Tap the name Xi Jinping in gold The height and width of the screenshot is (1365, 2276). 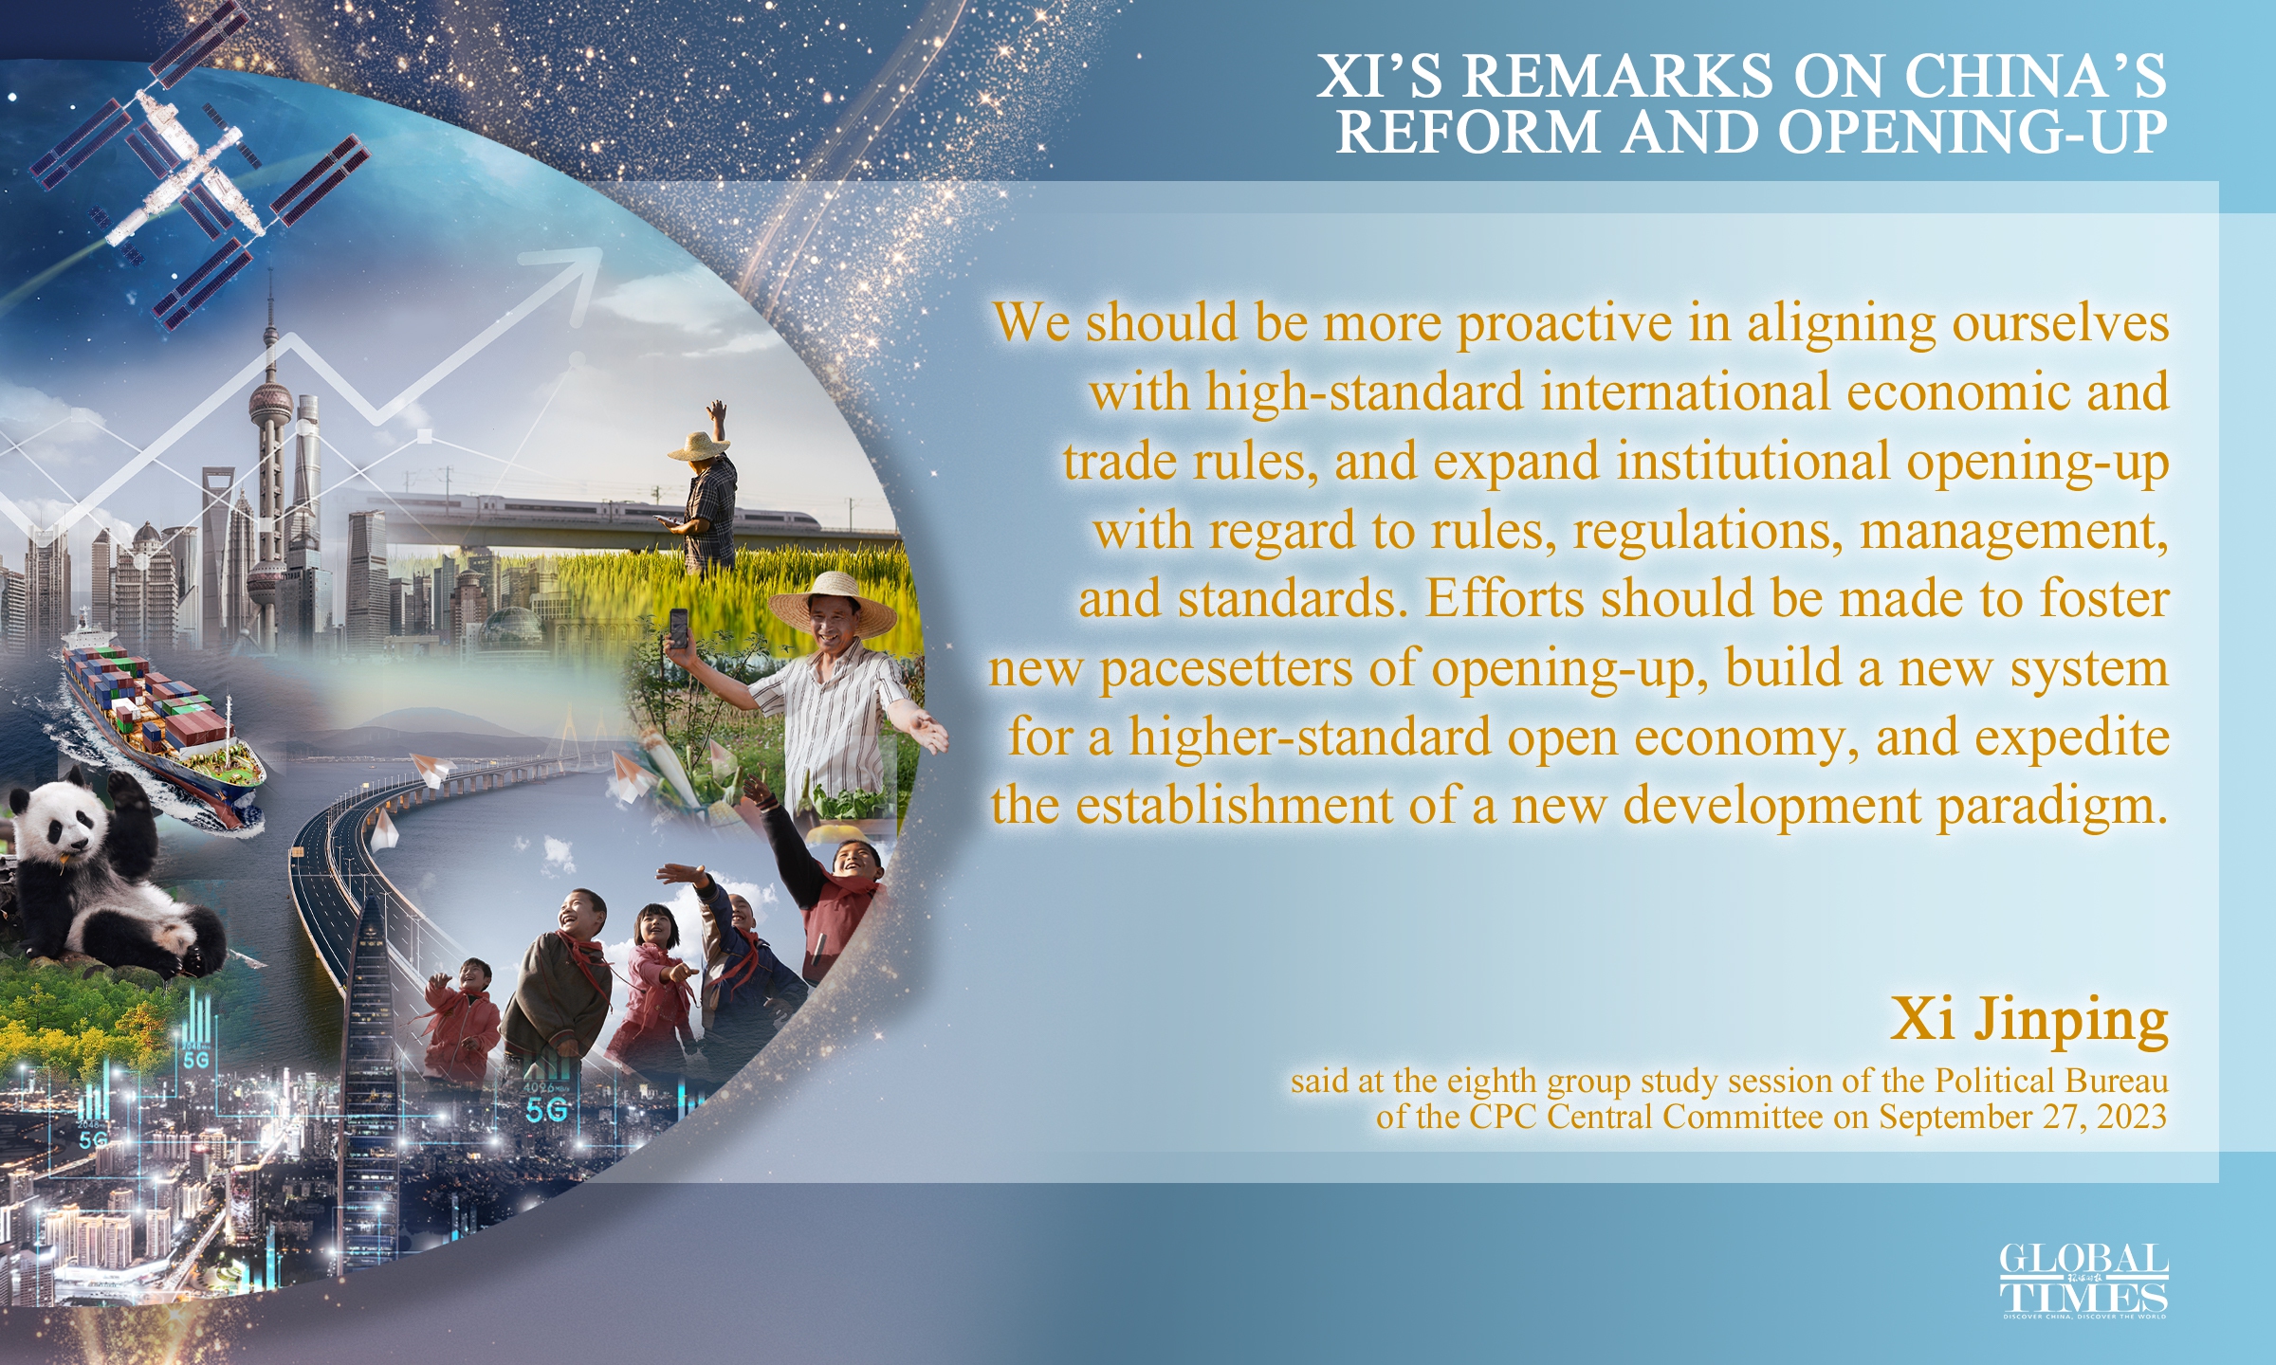tap(2029, 1020)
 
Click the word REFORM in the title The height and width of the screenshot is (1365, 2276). tap(1469, 132)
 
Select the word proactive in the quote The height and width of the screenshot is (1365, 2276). tap(1564, 324)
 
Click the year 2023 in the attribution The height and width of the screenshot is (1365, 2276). tap(2132, 1117)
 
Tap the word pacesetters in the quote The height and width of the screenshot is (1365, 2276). tap(1225, 669)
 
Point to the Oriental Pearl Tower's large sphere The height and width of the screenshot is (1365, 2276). tap(271, 403)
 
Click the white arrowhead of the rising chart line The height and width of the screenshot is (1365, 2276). tap(579, 266)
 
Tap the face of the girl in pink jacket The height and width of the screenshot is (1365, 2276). tap(655, 926)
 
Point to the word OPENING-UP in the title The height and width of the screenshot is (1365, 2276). tap(1973, 132)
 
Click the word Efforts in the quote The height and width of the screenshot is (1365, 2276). tap(1504, 600)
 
